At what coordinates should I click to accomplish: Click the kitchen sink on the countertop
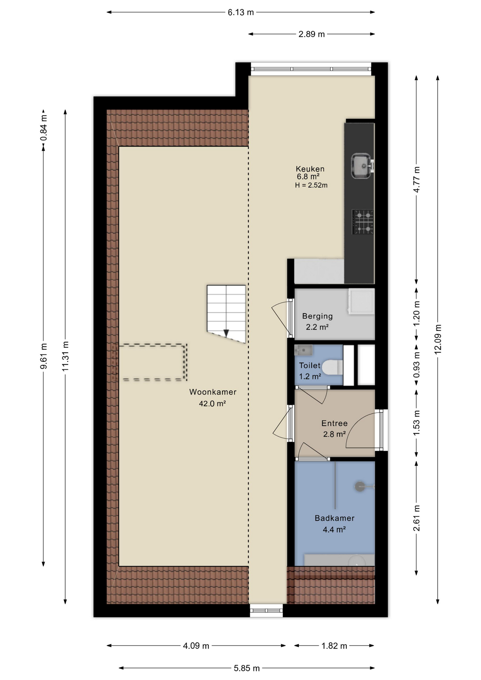[x=362, y=166]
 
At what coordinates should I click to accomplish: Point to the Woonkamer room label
[x=213, y=392]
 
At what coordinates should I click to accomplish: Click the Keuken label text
[x=310, y=169]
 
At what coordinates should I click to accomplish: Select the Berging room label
[x=317, y=316]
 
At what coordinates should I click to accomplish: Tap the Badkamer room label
[x=335, y=518]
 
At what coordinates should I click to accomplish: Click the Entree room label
[x=334, y=423]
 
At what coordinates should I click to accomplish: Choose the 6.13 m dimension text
[x=241, y=12]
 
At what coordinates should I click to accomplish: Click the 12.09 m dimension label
[x=438, y=339]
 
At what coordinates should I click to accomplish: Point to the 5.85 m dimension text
[x=247, y=668]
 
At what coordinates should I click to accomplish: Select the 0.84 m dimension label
[x=44, y=128]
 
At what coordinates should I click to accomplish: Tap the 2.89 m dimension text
[x=312, y=34]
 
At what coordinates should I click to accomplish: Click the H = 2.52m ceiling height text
[x=311, y=185]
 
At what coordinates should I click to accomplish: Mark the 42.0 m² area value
[x=213, y=403]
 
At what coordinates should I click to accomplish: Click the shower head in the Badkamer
[x=360, y=486]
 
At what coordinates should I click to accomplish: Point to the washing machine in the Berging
[x=361, y=301]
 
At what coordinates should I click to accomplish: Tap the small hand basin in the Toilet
[x=303, y=350]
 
